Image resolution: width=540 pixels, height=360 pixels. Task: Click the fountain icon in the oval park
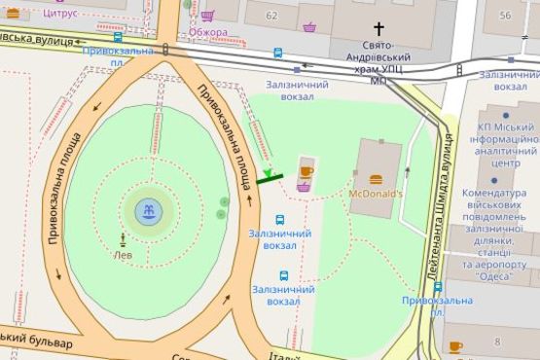pyautogui.click(x=148, y=210)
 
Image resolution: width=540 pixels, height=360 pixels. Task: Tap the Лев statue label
pyautogui.click(x=124, y=255)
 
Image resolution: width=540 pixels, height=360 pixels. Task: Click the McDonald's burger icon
pyautogui.click(x=377, y=177)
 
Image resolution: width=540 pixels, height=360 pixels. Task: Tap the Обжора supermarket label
pyautogui.click(x=208, y=32)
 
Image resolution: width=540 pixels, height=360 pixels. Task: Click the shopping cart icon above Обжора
pyautogui.click(x=207, y=16)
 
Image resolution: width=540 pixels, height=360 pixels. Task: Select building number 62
pyautogui.click(x=270, y=16)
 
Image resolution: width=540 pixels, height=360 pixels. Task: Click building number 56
pyautogui.click(x=505, y=16)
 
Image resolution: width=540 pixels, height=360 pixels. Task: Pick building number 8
pyautogui.click(x=496, y=342)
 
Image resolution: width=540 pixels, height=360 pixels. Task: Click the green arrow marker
pyautogui.click(x=268, y=173)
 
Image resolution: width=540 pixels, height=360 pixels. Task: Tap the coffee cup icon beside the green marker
pyautogui.click(x=306, y=171)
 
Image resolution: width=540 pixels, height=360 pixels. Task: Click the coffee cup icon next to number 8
pyautogui.click(x=455, y=345)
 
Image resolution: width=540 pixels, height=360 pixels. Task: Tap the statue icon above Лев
pyautogui.click(x=124, y=238)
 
